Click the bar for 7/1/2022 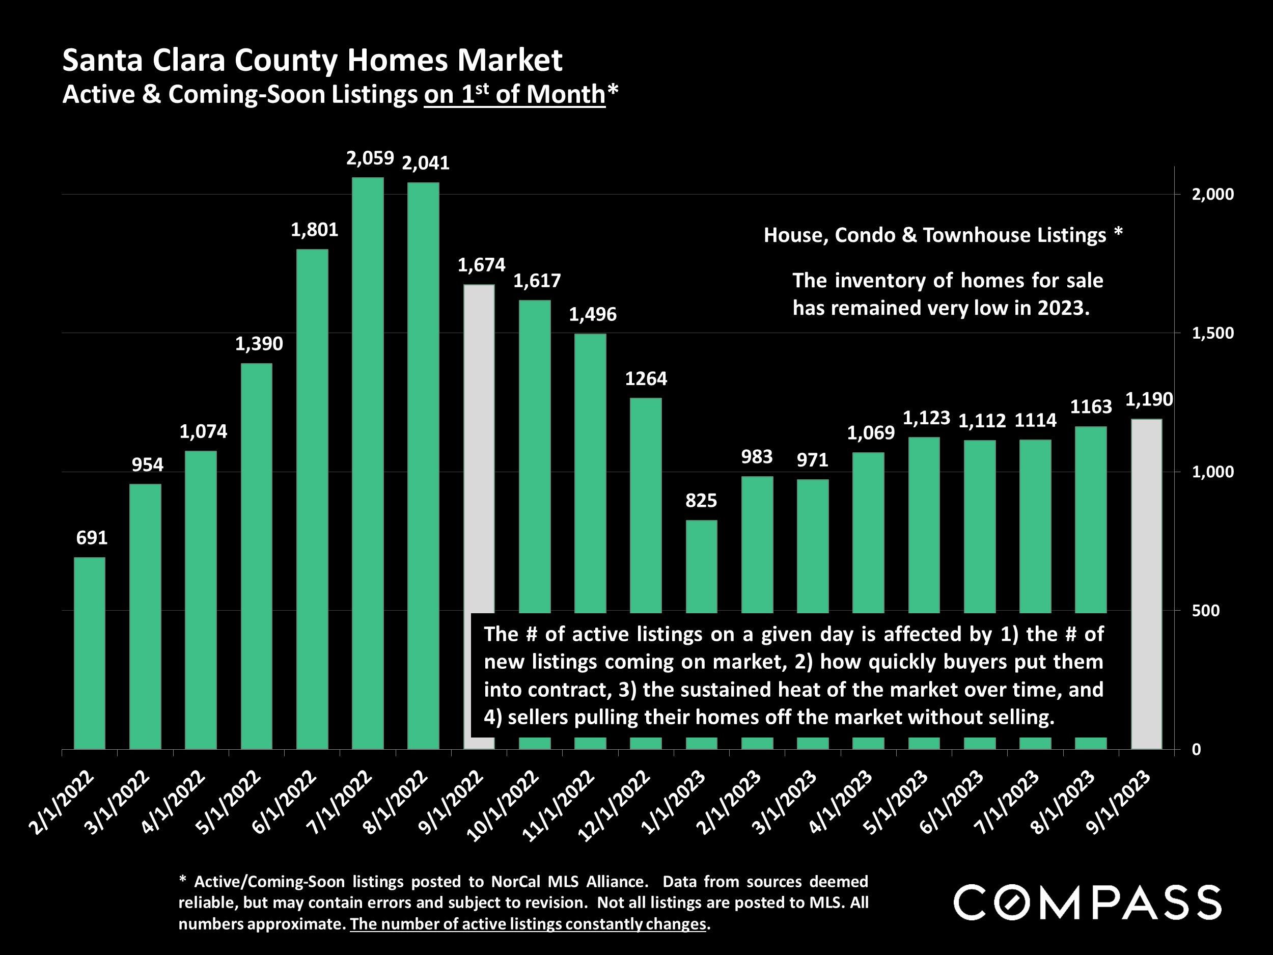368,463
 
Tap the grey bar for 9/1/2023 1146,584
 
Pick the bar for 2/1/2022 90,653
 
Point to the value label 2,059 370,158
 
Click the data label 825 701,501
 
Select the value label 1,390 259,344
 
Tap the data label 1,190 1149,399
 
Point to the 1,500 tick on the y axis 1212,333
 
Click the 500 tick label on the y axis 1205,610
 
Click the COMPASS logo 1087,903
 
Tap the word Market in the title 509,60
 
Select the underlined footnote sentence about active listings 528,924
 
